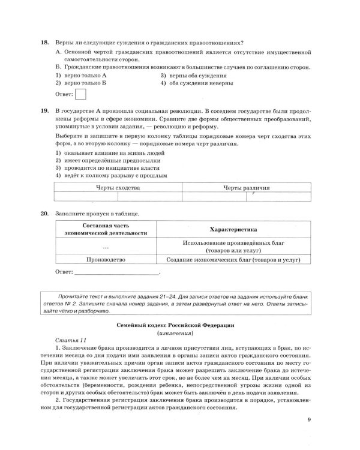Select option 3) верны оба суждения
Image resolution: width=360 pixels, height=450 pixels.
193,76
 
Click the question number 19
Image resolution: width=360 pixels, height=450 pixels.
44,112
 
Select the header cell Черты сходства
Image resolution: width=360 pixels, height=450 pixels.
118,188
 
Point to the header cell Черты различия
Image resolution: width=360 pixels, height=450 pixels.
247,188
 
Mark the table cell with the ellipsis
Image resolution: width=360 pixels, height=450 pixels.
106,246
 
